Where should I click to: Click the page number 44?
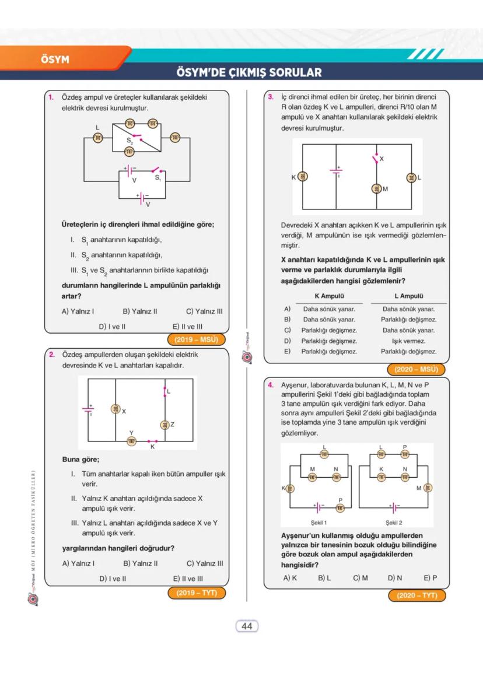click(246, 626)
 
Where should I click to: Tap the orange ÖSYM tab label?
click(55, 59)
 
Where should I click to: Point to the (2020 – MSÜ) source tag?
click(415, 369)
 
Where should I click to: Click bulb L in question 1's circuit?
click(98, 137)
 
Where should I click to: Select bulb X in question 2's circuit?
click(116, 410)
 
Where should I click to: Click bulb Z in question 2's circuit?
click(165, 424)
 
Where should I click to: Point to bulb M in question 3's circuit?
click(376, 188)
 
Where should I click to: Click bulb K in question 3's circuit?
click(302, 177)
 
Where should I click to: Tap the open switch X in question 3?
click(376, 159)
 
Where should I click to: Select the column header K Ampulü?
click(329, 296)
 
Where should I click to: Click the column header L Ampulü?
click(408, 296)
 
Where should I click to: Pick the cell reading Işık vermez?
click(408, 341)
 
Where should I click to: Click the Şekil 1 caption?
click(318, 523)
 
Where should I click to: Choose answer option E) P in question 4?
click(430, 578)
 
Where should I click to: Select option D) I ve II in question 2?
click(113, 579)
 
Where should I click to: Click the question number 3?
click(271, 97)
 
